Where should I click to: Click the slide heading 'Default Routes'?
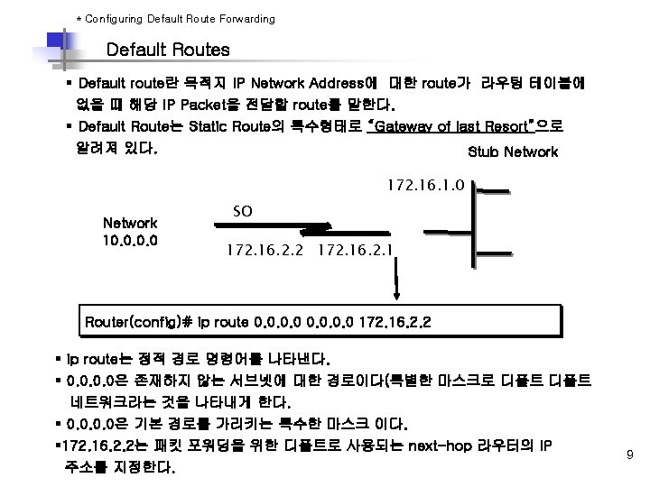pyautogui.click(x=168, y=50)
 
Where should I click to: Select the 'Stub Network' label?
pyautogui.click(x=513, y=152)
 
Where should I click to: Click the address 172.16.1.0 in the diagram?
pyautogui.click(x=424, y=185)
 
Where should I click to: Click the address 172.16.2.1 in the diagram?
pyautogui.click(x=354, y=246)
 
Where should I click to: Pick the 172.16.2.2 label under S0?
pyautogui.click(x=265, y=246)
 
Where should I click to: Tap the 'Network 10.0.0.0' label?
pyautogui.click(x=130, y=232)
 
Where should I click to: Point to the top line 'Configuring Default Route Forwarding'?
pyautogui.click(x=175, y=18)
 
